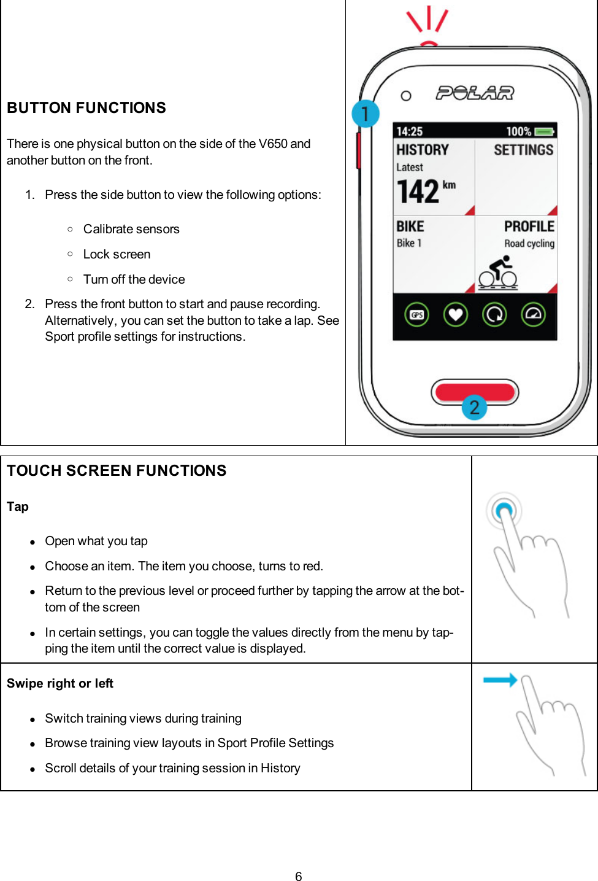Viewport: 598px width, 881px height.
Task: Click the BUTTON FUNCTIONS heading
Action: click(86, 108)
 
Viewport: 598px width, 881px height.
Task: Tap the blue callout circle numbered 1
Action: click(366, 114)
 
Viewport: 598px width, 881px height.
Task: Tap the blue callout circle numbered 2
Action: click(474, 408)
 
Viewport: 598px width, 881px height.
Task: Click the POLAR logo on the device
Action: click(475, 93)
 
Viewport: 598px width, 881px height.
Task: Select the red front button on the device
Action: click(475, 391)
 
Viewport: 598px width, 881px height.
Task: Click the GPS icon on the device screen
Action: click(417, 315)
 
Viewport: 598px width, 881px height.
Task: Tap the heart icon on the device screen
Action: click(455, 315)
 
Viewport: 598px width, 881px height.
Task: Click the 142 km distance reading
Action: click(425, 191)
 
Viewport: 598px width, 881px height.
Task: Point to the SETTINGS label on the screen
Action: click(523, 150)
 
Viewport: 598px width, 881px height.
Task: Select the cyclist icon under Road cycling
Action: click(499, 273)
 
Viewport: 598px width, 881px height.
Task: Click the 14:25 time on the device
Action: click(409, 131)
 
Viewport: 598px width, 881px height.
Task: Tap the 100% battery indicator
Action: click(529, 131)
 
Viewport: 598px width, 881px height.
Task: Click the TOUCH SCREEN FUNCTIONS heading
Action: click(117, 471)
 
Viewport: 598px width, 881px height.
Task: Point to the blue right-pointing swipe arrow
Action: click(500, 680)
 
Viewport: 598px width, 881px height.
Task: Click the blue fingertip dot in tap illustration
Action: click(504, 510)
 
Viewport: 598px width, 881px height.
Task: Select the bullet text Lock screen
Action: click(117, 254)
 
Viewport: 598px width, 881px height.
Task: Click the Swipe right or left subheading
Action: click(60, 683)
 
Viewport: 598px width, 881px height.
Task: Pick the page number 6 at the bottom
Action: click(299, 876)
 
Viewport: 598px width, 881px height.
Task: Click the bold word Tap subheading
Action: click(18, 506)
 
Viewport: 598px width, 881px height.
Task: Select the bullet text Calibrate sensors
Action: click(131, 229)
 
